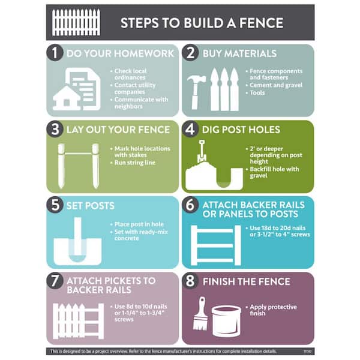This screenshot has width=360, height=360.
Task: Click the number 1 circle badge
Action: pos(55,53)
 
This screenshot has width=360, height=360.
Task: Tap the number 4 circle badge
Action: pos(191,129)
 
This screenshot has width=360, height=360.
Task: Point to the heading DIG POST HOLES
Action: pos(241,129)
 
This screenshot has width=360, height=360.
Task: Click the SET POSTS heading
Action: pos(91,205)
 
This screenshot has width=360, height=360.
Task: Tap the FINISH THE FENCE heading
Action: pos(247,281)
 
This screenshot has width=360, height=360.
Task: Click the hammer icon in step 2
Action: pos(196,91)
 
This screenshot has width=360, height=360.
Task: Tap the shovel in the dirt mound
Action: pos(202,154)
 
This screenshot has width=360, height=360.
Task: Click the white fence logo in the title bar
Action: pos(76,23)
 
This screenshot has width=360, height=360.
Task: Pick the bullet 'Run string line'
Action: pos(136,163)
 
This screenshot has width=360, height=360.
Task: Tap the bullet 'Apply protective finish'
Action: pos(273,309)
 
